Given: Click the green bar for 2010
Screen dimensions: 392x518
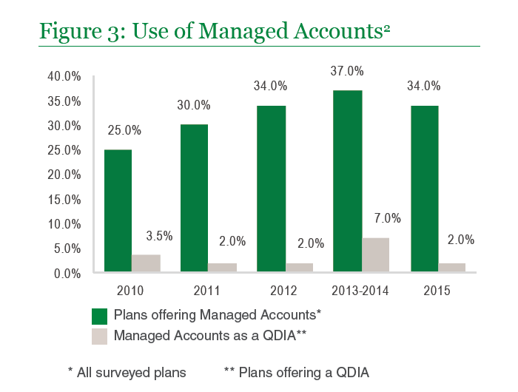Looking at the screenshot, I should (x=118, y=211).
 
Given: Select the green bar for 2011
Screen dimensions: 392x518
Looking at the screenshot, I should (x=193, y=198).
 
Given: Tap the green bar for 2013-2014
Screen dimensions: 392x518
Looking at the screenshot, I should (x=347, y=181).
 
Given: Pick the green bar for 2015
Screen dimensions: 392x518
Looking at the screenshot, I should (x=424, y=189).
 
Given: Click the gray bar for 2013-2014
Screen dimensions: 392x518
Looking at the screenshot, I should (x=375, y=255).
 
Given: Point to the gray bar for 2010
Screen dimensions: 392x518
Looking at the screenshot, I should (x=146, y=263).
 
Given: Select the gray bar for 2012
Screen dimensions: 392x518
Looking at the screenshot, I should (x=299, y=268).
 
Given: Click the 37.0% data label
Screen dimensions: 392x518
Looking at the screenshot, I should (x=347, y=72).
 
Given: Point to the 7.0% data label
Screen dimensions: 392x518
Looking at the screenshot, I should (x=386, y=218).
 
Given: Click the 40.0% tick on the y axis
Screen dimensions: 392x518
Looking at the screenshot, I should (x=64, y=76).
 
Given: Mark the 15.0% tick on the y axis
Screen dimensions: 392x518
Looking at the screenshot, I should (x=64, y=199).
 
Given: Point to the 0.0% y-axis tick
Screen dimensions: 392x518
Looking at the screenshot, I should (x=67, y=273).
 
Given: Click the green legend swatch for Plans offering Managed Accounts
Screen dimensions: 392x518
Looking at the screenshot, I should (x=99, y=316).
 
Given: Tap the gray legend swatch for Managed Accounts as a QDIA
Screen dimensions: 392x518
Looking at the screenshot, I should (x=99, y=336).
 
